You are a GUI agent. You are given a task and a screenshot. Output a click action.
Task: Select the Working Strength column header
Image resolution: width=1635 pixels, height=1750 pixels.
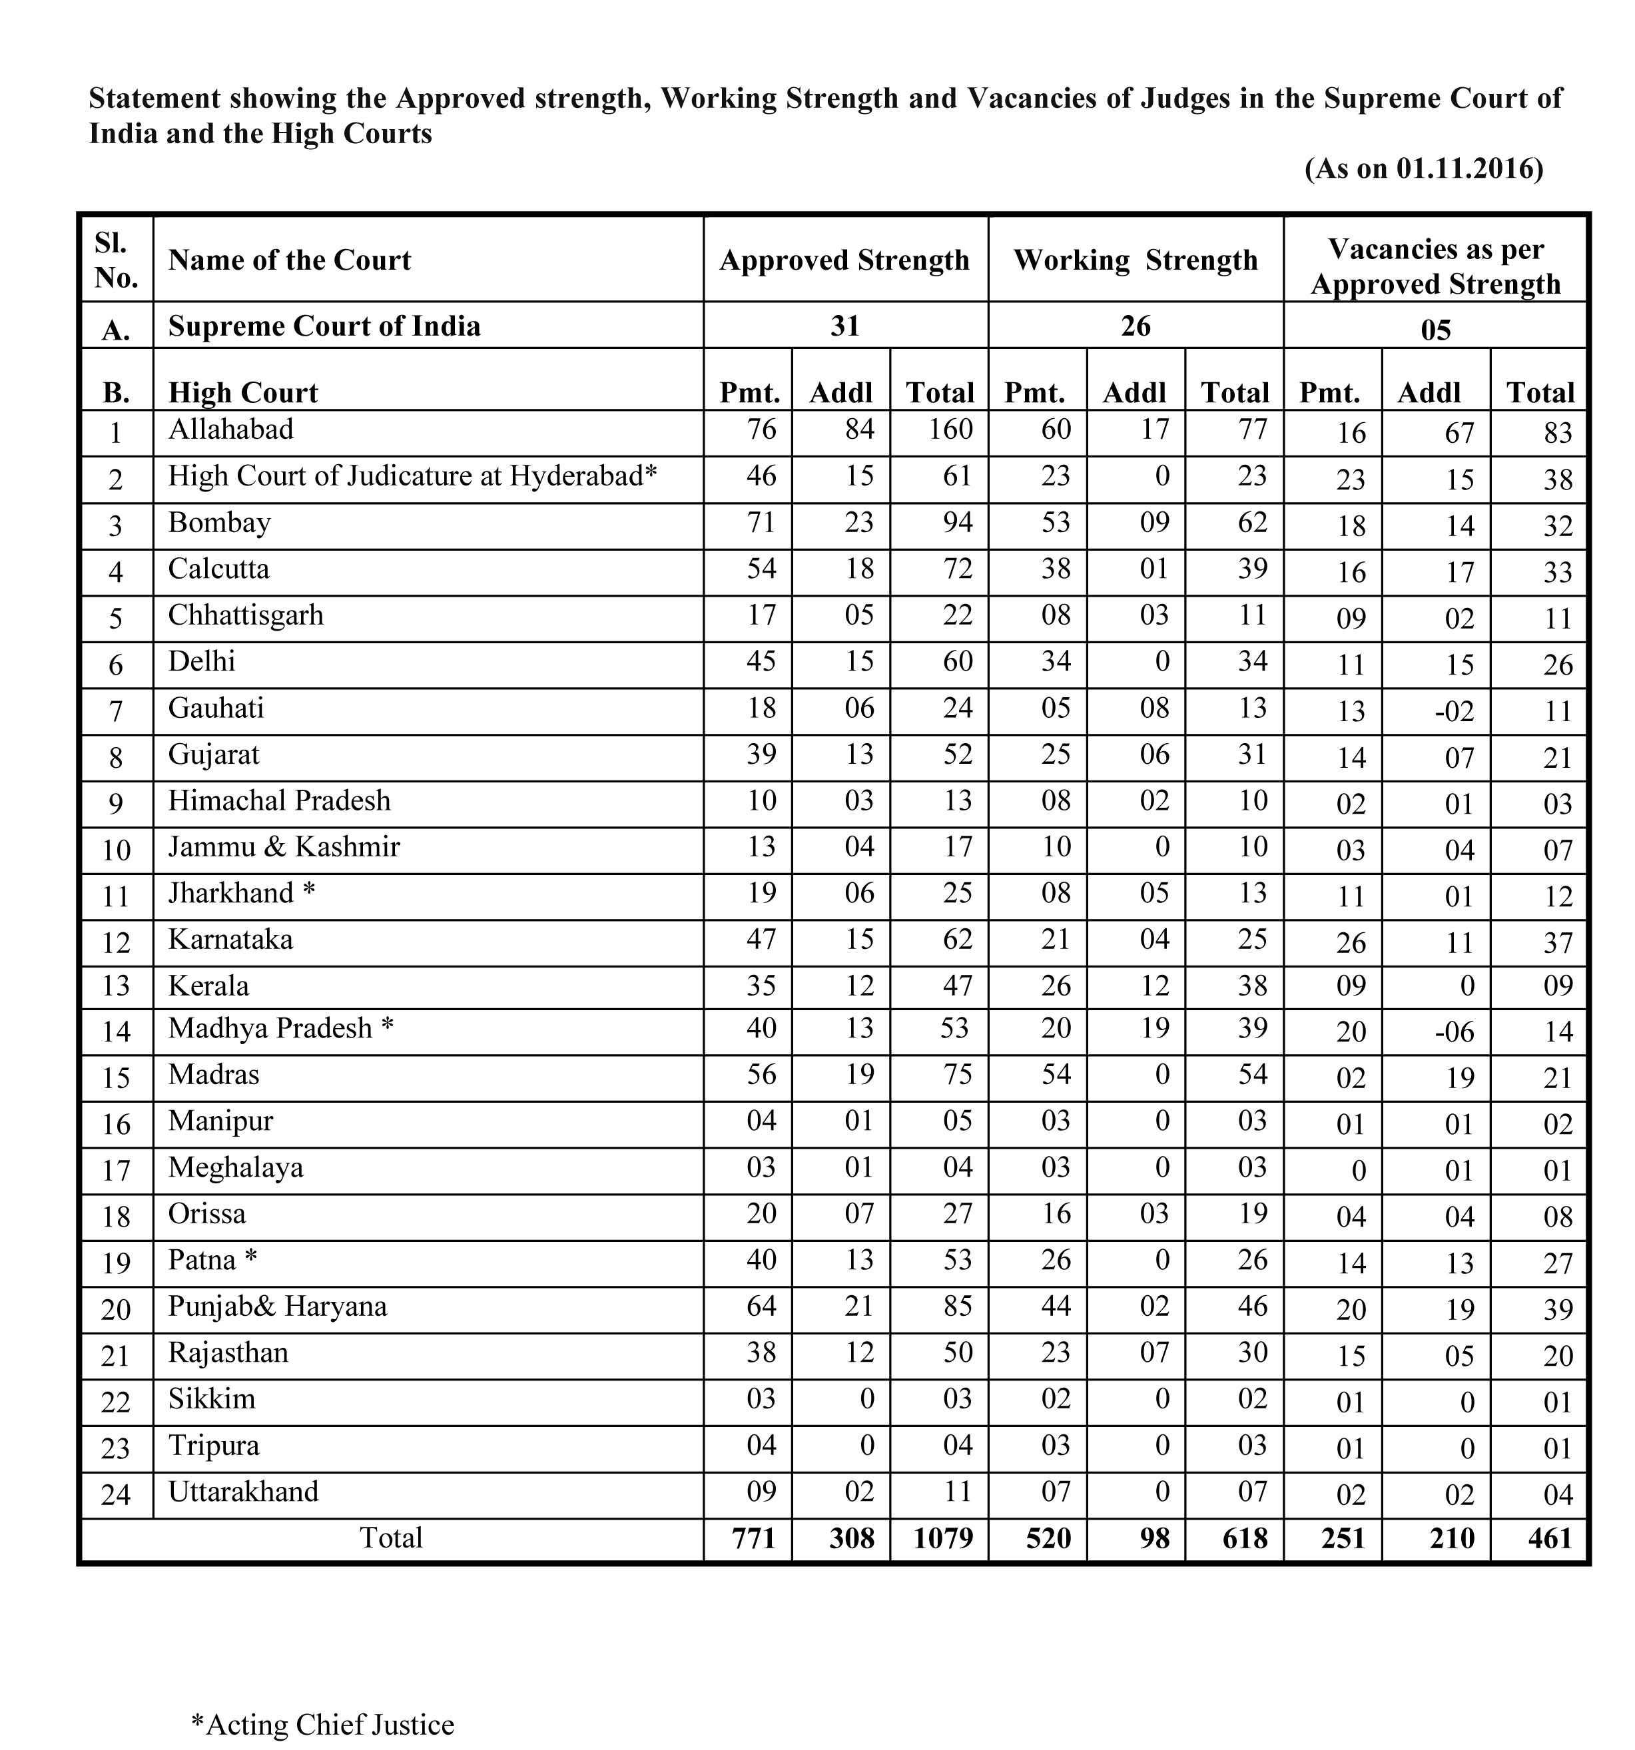click(x=1135, y=260)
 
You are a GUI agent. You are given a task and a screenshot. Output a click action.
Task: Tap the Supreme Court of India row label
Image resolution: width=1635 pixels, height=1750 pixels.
click(x=324, y=326)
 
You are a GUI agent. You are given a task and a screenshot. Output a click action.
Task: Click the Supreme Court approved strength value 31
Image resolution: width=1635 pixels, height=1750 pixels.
click(x=844, y=326)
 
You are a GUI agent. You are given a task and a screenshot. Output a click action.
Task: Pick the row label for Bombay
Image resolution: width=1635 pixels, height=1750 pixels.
click(x=219, y=522)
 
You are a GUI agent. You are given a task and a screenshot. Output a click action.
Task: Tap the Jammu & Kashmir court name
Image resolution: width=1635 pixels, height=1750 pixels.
click(x=284, y=847)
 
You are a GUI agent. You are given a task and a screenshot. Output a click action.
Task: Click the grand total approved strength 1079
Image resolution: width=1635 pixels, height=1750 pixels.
click(x=942, y=1538)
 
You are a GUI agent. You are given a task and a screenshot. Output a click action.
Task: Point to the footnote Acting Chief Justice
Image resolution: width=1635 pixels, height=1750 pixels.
click(x=323, y=1723)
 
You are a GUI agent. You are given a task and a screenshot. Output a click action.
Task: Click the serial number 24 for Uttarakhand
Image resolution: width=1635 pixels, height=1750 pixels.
click(x=115, y=1495)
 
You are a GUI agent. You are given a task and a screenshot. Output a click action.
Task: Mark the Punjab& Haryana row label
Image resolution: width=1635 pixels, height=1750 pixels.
click(x=277, y=1307)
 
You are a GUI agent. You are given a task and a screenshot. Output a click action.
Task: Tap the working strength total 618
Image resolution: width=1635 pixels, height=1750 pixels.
click(x=1244, y=1538)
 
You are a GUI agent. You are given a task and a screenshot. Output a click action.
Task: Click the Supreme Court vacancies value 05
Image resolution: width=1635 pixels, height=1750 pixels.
click(x=1435, y=330)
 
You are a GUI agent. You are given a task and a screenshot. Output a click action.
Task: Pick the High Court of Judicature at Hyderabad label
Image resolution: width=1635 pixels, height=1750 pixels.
click(x=412, y=475)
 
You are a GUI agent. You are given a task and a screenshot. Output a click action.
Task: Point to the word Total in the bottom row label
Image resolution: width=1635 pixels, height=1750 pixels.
click(x=391, y=1537)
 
